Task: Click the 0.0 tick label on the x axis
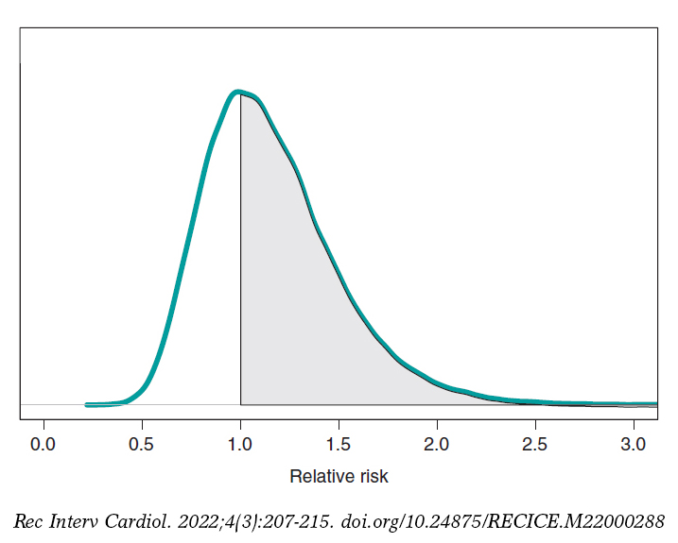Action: pyautogui.click(x=43, y=443)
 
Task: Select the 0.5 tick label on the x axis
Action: pyautogui.click(x=142, y=443)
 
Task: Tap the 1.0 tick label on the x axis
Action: pyautogui.click(x=240, y=443)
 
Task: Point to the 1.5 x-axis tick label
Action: pyautogui.click(x=339, y=443)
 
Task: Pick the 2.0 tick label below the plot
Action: pyautogui.click(x=437, y=443)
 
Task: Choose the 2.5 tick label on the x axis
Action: pyautogui.click(x=535, y=443)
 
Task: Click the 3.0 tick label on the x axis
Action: pyautogui.click(x=634, y=443)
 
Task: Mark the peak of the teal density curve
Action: pyautogui.click(x=236, y=92)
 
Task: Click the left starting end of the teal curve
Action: pyautogui.click(x=87, y=404)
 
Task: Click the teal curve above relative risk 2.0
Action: pyautogui.click(x=437, y=383)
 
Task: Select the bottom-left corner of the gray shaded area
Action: pyautogui.click(x=241, y=403)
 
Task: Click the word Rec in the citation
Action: pyautogui.click(x=28, y=521)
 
